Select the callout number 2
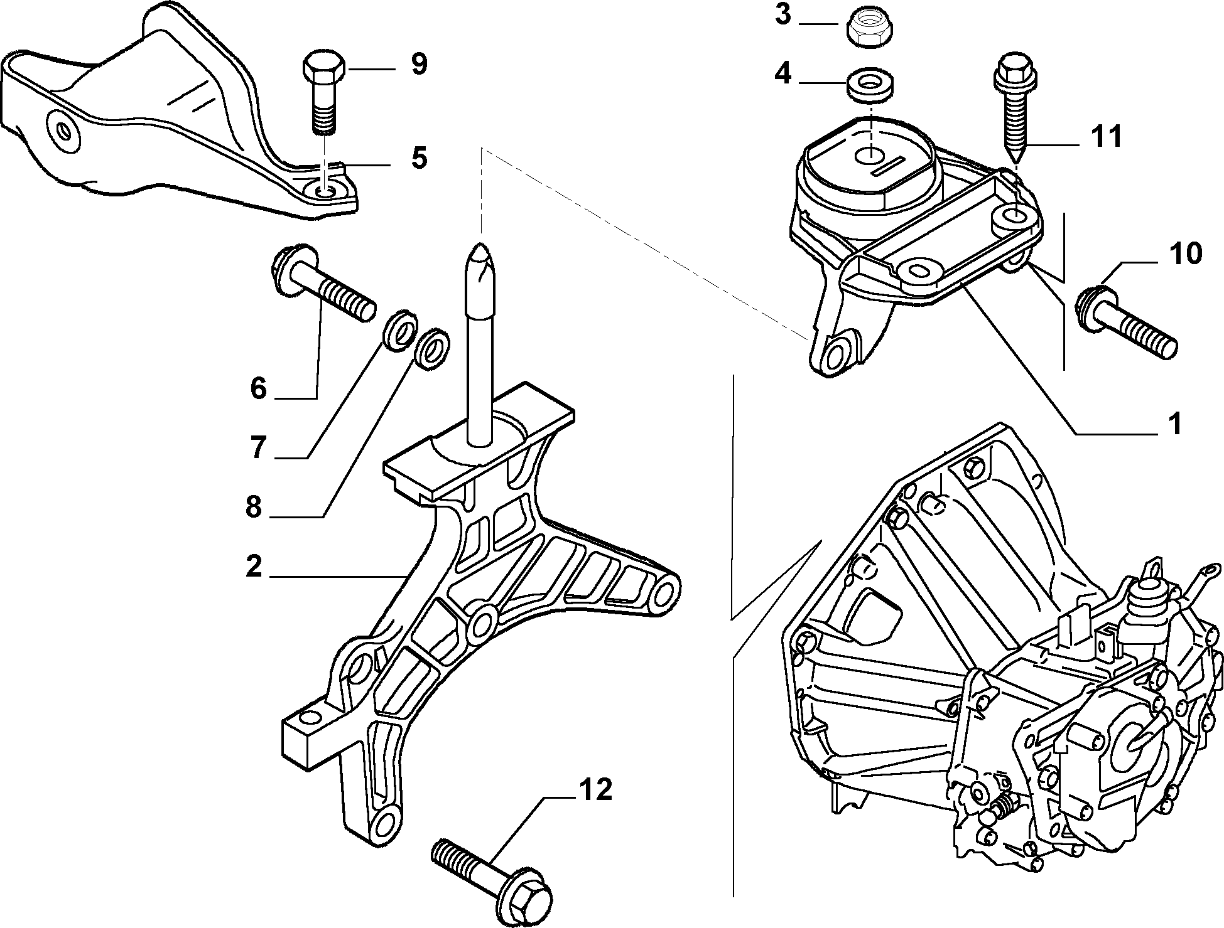tap(254, 566)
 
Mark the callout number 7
tap(257, 448)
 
